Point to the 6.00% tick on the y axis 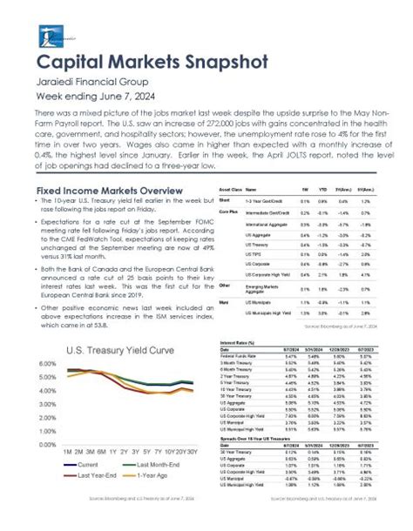(44, 362)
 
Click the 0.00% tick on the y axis (44, 443)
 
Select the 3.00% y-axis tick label (44, 403)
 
